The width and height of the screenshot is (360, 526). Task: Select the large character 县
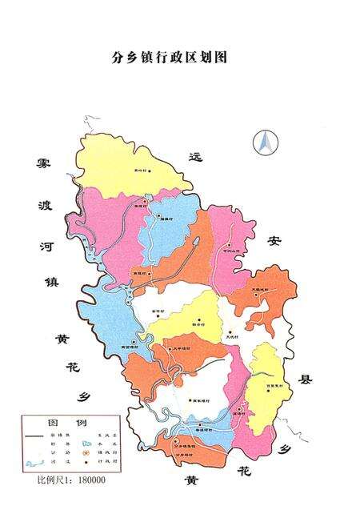click(x=306, y=379)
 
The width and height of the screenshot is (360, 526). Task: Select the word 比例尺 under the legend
click(x=49, y=480)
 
